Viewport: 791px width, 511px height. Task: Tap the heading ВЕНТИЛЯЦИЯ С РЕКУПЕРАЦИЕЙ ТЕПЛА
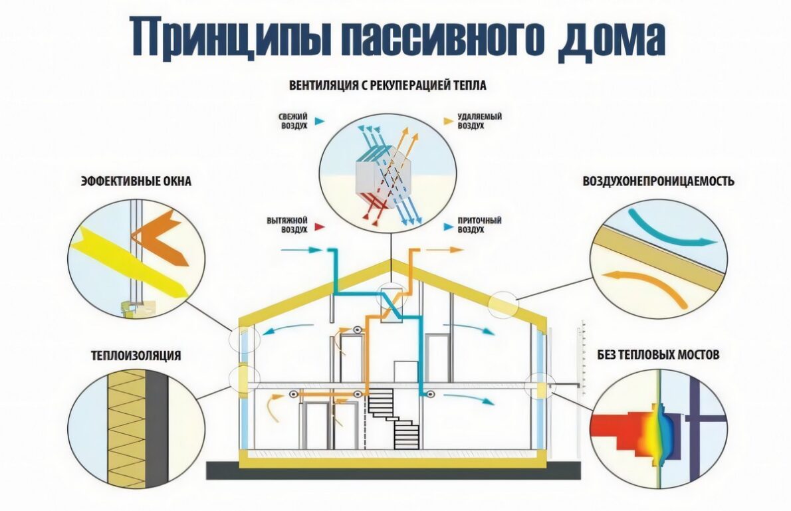pyautogui.click(x=388, y=86)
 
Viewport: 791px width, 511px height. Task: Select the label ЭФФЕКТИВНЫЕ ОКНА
pyautogui.click(x=136, y=181)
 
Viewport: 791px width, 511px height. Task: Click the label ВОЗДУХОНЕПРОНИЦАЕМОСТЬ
pyautogui.click(x=658, y=181)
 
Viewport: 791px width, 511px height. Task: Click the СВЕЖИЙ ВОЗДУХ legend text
pyautogui.click(x=293, y=121)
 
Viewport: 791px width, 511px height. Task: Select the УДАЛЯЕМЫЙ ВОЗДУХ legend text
pyautogui.click(x=479, y=121)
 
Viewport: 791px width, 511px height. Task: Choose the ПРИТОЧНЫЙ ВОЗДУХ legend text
pyautogui.click(x=479, y=225)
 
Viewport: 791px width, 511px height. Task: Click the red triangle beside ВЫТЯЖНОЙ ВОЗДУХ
pyautogui.click(x=320, y=226)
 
